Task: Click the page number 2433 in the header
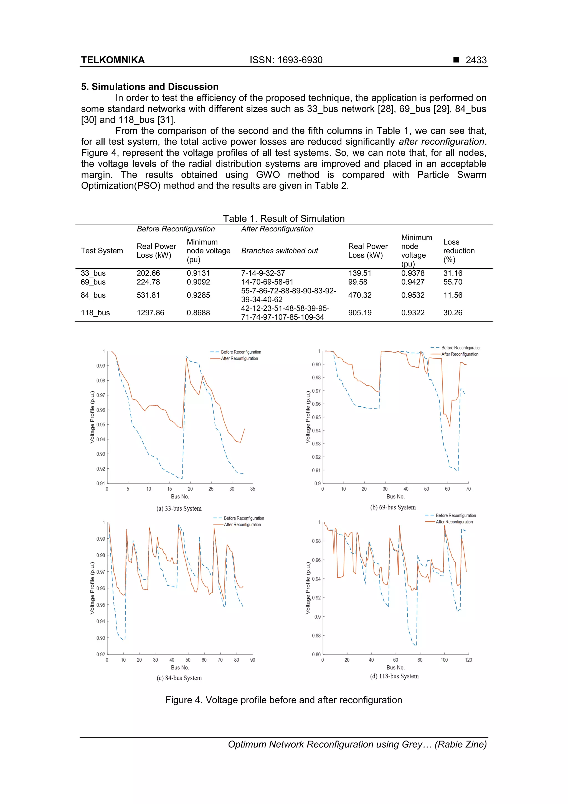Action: point(476,60)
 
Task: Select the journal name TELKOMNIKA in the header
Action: point(113,60)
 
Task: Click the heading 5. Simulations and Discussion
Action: point(150,87)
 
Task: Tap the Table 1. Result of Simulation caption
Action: point(284,218)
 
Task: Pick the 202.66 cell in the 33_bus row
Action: point(148,273)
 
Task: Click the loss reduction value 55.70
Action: point(453,282)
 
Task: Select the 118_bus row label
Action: point(95,313)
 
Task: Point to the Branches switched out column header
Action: point(279,251)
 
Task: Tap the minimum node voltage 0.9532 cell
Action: point(413,295)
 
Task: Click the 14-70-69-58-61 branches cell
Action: point(267,282)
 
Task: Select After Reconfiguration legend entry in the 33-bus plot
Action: point(239,359)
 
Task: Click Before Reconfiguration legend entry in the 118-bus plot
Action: point(455,515)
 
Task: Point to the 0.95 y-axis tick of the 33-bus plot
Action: point(100,425)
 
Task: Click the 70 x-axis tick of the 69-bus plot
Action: point(468,489)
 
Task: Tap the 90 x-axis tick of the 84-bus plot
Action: point(252,660)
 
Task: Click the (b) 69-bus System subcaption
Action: point(393,507)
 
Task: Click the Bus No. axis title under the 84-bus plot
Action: point(180,667)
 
